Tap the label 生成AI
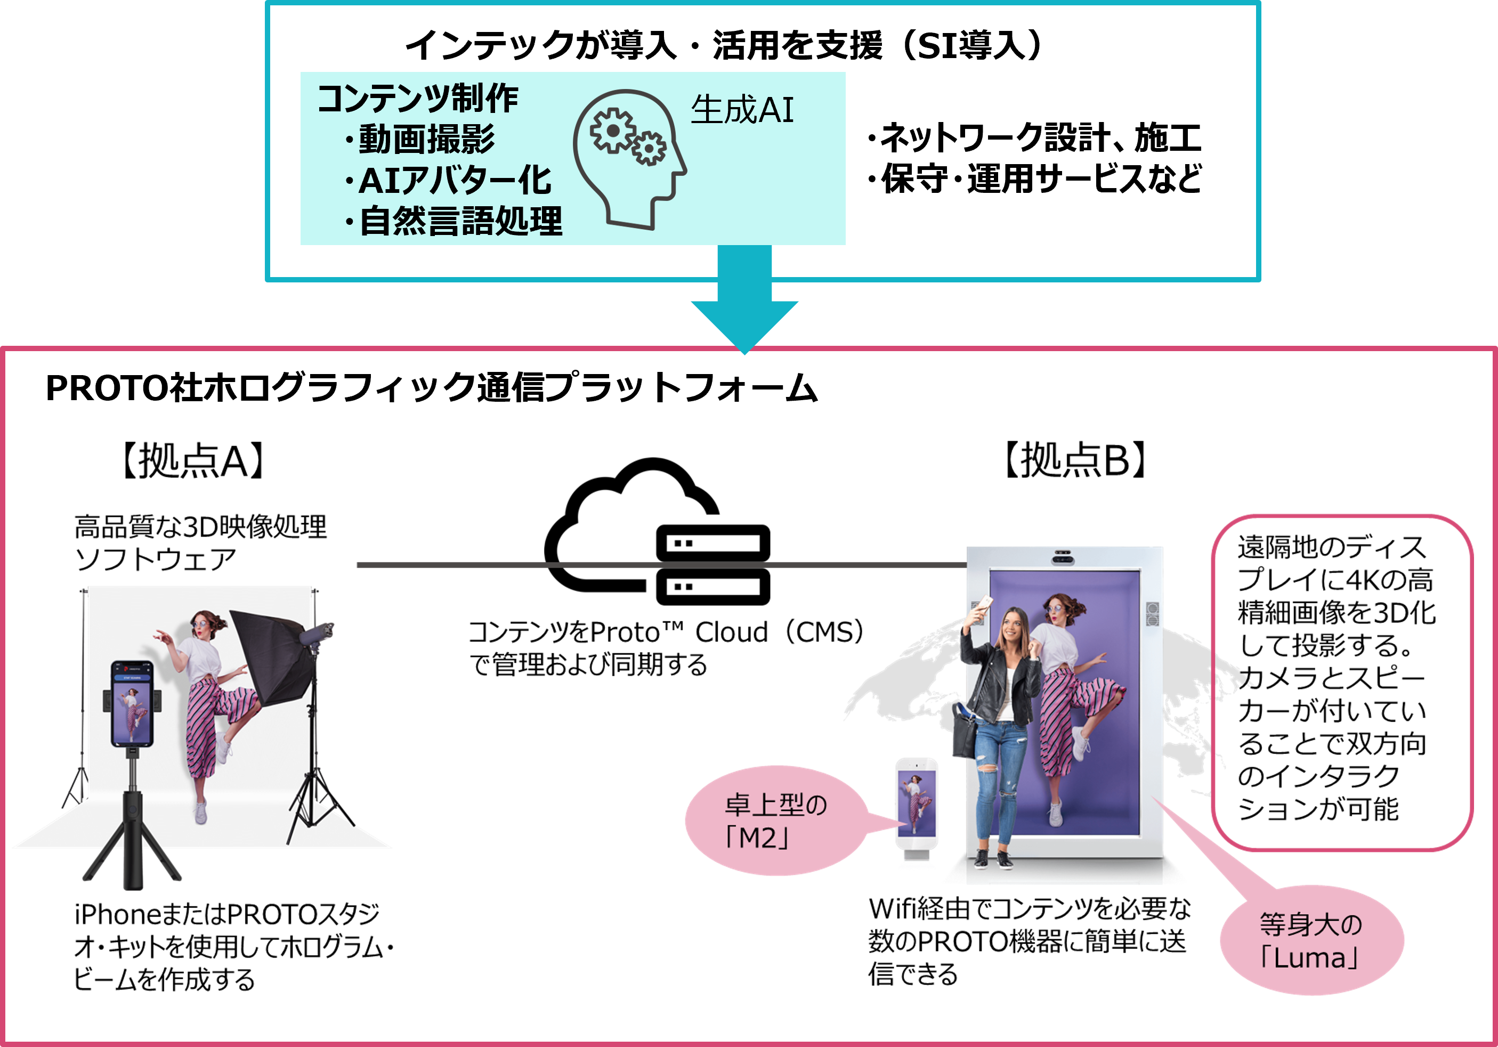(x=742, y=110)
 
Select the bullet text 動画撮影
(x=427, y=139)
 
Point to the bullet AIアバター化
(x=455, y=180)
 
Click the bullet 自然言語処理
(x=460, y=221)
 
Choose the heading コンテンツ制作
(x=418, y=99)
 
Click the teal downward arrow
(x=744, y=300)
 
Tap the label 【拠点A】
(x=193, y=460)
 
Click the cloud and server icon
(x=658, y=531)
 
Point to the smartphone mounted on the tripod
(x=132, y=704)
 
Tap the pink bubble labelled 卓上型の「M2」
(x=776, y=821)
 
